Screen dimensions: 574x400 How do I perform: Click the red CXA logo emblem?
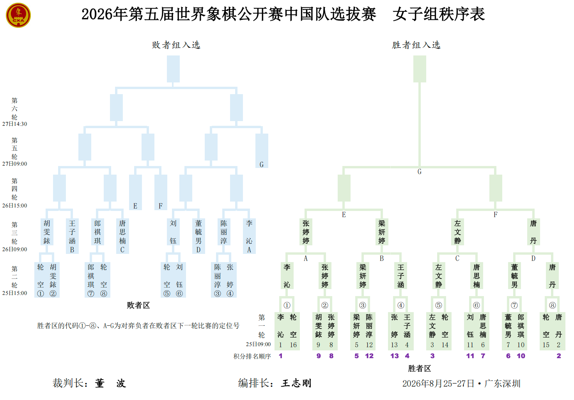[x=18, y=15]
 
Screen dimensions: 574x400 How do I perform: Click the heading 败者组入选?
[x=176, y=45]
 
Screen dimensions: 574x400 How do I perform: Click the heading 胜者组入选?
[x=416, y=45]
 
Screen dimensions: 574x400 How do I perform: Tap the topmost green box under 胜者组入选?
[x=420, y=69]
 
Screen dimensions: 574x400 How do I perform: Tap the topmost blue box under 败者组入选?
[x=173, y=69]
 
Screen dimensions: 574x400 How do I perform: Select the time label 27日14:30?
[x=14, y=124]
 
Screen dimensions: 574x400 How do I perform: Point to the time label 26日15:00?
[x=14, y=205]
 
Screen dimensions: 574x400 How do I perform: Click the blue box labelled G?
[x=262, y=151]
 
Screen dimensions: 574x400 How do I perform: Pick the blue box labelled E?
[x=135, y=192]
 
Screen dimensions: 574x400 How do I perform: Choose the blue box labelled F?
[x=161, y=192]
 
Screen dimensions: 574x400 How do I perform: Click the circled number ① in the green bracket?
[x=287, y=305]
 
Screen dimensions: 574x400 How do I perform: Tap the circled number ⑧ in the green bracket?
[x=552, y=305]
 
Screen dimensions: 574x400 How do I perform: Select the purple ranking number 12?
[x=369, y=356]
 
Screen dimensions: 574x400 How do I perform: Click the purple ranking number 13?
[x=394, y=356]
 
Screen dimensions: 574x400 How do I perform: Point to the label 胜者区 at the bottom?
[x=420, y=368]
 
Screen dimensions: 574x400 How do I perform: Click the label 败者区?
[x=138, y=305]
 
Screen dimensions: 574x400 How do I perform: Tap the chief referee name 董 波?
[x=110, y=383]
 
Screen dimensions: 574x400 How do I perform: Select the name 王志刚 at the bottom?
[x=296, y=383]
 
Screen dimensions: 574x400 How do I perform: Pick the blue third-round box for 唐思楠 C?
[x=122, y=236]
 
